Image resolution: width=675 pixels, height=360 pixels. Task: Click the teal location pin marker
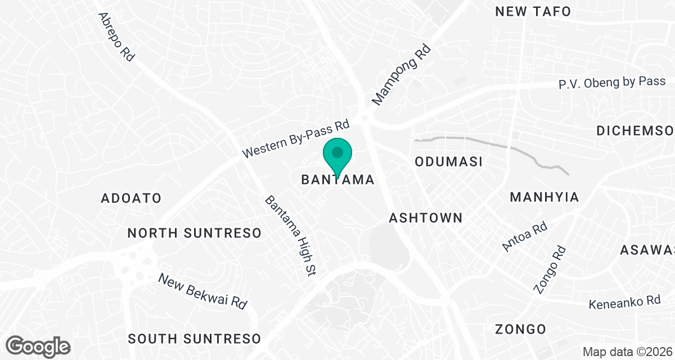(337, 156)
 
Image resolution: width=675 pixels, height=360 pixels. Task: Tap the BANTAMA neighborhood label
(337, 180)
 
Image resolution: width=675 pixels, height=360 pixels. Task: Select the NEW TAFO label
(533, 11)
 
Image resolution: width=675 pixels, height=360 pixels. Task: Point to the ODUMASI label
(449, 162)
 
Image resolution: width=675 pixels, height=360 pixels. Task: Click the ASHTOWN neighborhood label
(426, 218)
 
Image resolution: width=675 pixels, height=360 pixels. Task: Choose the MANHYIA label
(544, 197)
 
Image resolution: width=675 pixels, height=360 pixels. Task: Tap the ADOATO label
(131, 198)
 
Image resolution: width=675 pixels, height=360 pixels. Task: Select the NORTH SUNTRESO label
(194, 233)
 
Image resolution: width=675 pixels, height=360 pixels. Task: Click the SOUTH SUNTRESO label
(194, 339)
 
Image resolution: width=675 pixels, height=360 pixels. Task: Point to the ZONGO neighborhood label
(520, 329)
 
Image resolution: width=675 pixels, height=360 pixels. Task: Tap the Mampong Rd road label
(400, 75)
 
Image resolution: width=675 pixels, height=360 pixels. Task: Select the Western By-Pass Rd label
(296, 138)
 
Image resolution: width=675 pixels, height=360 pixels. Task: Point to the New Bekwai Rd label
(202, 291)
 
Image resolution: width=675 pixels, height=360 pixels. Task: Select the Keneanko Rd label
(624, 302)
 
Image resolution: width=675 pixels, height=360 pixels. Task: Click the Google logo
(38, 346)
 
